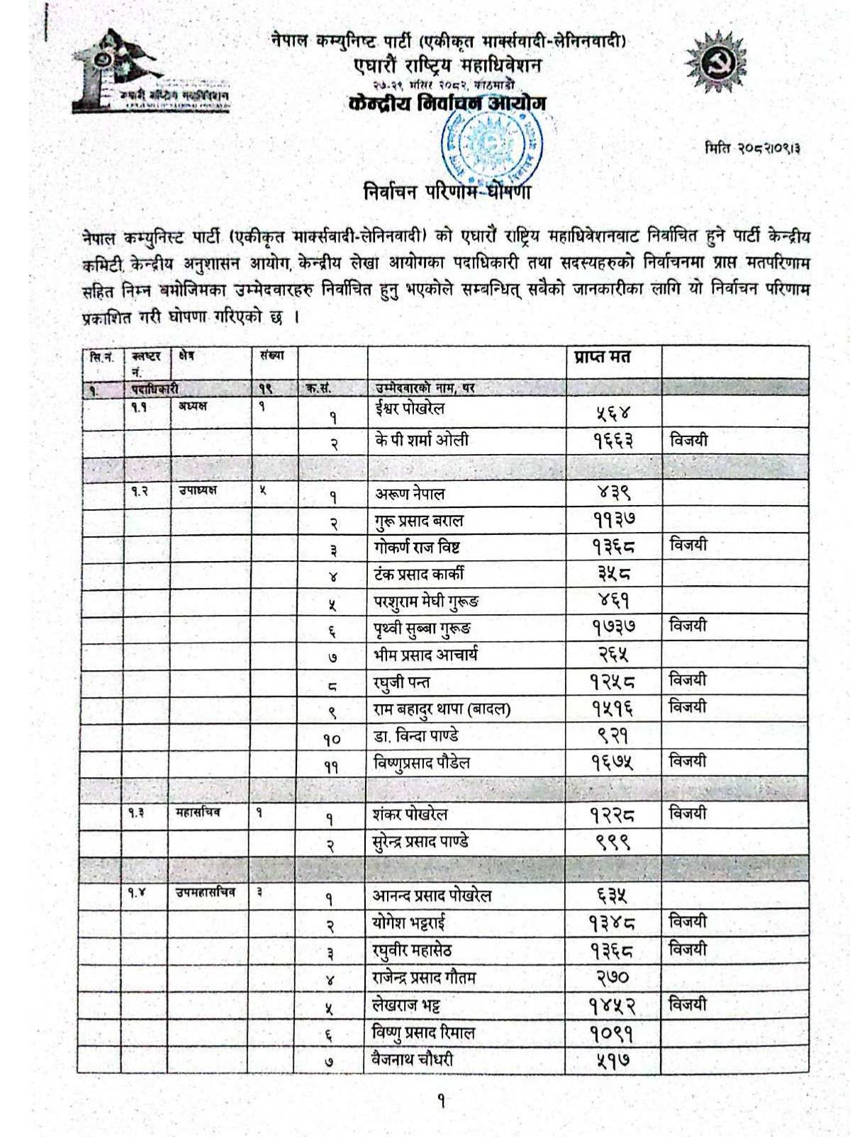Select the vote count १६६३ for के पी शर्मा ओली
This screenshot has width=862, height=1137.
(x=613, y=441)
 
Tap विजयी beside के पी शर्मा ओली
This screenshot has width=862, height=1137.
(x=688, y=441)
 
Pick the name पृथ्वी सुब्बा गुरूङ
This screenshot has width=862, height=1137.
(x=422, y=628)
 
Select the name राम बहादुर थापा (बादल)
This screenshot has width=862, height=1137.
(x=442, y=709)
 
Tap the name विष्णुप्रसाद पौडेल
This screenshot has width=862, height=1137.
(x=422, y=763)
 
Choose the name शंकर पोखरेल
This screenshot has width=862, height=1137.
(x=410, y=815)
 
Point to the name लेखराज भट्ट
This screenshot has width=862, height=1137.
(x=407, y=1005)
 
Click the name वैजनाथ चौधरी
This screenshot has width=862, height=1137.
(x=413, y=1060)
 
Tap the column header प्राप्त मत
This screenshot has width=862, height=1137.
(x=602, y=357)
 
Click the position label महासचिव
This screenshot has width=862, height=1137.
(x=198, y=813)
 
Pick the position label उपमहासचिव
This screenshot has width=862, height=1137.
(x=206, y=893)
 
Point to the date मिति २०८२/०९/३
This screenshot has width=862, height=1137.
(x=753, y=149)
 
